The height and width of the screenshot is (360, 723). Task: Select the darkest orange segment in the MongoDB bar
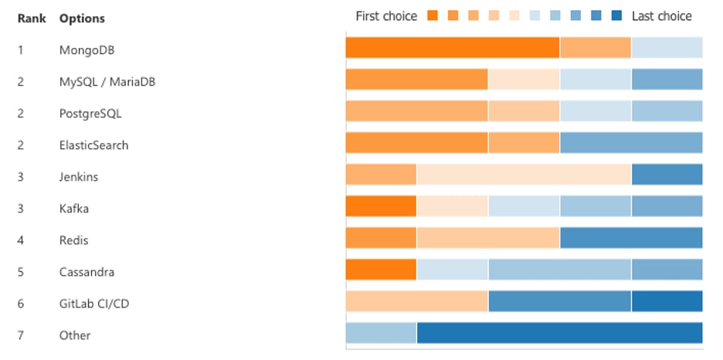pos(452,48)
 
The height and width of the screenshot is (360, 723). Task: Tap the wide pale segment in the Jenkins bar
pos(524,175)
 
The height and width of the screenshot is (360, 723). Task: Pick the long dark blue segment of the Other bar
pos(559,333)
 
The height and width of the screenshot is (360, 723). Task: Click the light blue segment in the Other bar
pos(381,333)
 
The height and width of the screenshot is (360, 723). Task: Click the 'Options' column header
pos(82,18)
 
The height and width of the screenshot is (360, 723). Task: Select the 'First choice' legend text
pos(385,16)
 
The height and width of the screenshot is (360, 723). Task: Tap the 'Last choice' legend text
pos(661,16)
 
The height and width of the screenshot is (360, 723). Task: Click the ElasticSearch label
pos(93,145)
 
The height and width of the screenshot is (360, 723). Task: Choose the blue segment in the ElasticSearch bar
pos(631,143)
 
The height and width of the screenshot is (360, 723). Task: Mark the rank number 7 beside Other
pos(21,335)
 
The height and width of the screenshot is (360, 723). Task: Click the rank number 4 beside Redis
pos(21,240)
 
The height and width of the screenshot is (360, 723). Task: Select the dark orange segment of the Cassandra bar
pos(381,270)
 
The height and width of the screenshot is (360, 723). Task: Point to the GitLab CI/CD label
pos(93,304)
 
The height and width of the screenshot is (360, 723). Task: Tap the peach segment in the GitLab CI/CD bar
pos(416,301)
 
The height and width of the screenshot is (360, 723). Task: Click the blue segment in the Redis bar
pos(631,238)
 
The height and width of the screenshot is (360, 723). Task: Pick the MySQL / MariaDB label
pos(107,82)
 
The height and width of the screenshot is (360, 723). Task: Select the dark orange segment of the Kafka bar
pos(381,206)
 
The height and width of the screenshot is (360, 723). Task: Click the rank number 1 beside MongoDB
pos(21,50)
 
